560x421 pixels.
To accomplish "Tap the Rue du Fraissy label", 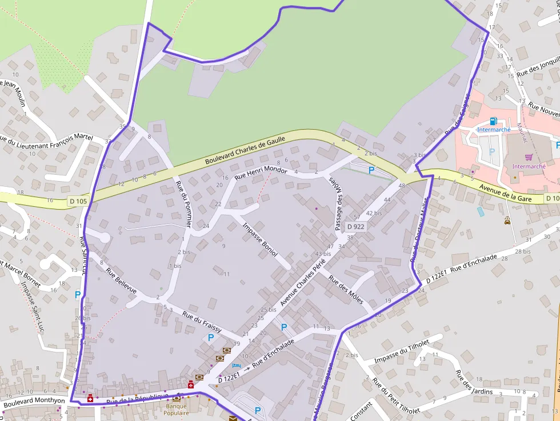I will pos(202,319).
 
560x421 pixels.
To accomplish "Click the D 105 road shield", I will pos(79,201).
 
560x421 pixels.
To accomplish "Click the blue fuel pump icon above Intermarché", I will pos(493,121).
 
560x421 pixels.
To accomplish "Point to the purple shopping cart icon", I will pos(529,157).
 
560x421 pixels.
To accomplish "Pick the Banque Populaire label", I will pos(176,410).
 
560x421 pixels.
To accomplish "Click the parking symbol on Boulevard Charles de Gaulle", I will pos(371,170).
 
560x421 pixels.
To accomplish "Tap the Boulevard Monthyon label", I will pos(34,401).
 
